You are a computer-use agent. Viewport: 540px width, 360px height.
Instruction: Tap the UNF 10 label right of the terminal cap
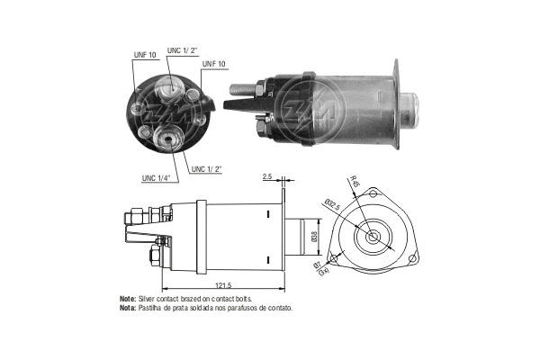(x=213, y=64)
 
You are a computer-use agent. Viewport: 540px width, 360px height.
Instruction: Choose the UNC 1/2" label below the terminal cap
(x=208, y=168)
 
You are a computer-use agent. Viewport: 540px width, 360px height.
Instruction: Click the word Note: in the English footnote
(x=128, y=298)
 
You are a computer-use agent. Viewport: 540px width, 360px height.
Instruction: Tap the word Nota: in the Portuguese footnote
(x=128, y=308)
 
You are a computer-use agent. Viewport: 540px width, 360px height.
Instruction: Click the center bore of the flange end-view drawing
(x=372, y=238)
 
